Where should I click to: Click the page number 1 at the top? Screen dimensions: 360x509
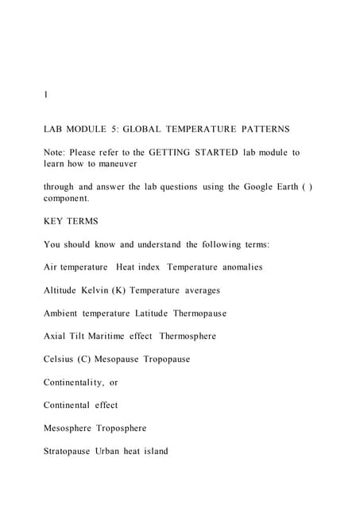46,95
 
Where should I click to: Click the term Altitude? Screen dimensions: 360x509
63,290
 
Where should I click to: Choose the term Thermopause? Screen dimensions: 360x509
199,313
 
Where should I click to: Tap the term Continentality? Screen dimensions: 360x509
74,383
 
